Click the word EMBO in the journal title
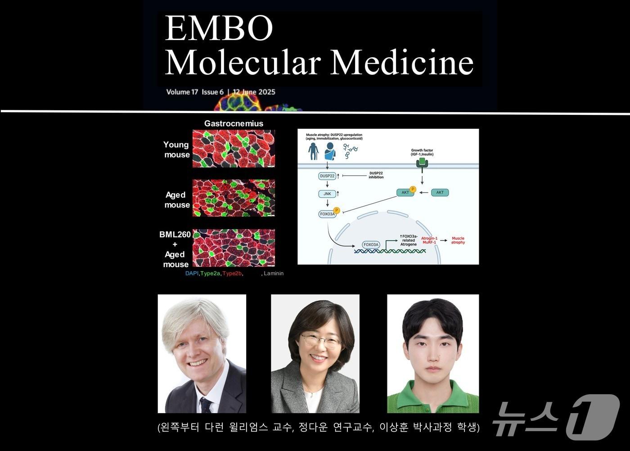[x=219, y=28]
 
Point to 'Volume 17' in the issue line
[x=182, y=92]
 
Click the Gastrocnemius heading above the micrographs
[x=234, y=123]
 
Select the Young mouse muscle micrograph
[x=234, y=149]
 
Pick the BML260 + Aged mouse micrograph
[x=234, y=248]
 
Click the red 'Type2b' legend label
[x=232, y=273]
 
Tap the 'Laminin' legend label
[x=274, y=273]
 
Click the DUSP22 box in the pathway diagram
[x=327, y=176]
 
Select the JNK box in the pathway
[x=327, y=194]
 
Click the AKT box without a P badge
[x=440, y=192]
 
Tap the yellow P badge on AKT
[x=413, y=189]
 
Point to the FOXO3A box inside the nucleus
[x=371, y=245]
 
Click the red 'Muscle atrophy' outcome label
[x=458, y=241]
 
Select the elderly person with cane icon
[x=314, y=151]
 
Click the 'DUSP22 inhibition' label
[x=376, y=175]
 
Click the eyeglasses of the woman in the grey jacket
[x=320, y=340]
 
